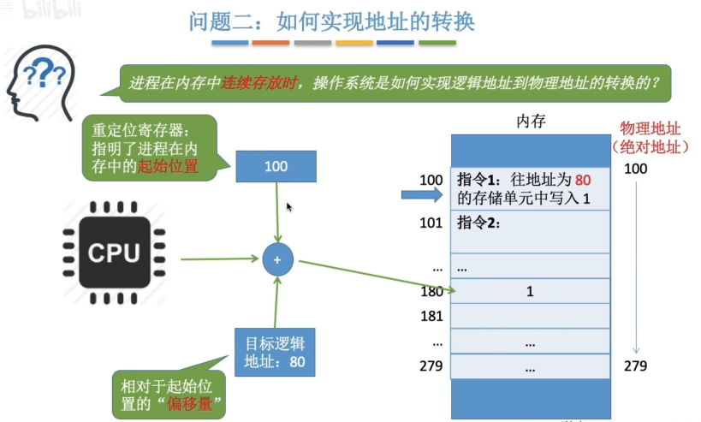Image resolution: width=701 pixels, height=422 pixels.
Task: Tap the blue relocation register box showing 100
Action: pyautogui.click(x=276, y=166)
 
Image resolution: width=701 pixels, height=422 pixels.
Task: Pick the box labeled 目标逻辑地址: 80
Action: pyautogui.click(x=276, y=353)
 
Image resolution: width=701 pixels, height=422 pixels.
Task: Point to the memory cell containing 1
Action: pyautogui.click(x=530, y=292)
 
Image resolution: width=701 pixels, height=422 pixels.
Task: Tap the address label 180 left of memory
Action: pyautogui.click(x=431, y=292)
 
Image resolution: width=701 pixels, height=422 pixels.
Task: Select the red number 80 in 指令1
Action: pyautogui.click(x=584, y=181)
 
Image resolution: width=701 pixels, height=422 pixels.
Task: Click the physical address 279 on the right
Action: pyautogui.click(x=635, y=366)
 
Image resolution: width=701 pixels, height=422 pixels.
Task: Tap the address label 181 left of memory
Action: pyautogui.click(x=431, y=316)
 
